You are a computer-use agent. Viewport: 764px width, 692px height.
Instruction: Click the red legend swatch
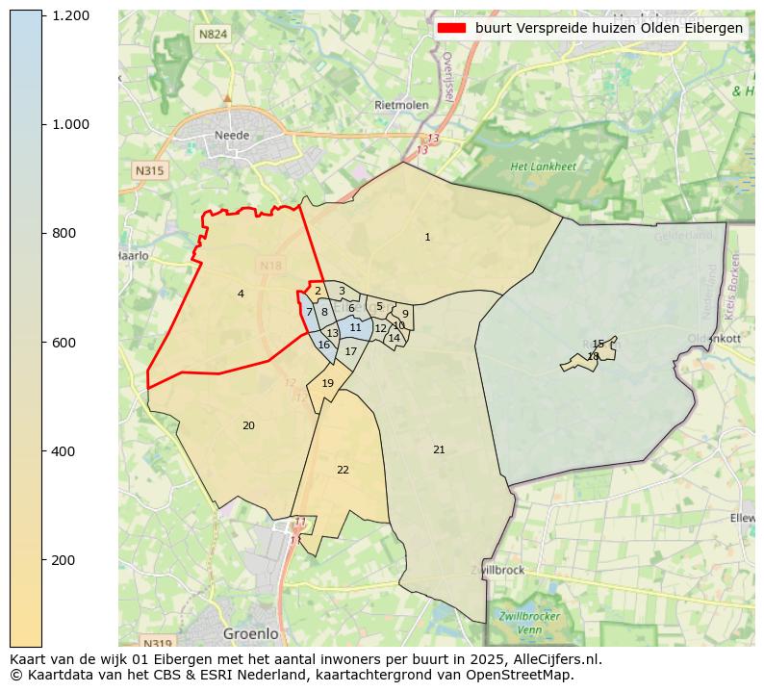451,29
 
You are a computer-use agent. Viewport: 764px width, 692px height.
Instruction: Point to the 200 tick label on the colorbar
70,560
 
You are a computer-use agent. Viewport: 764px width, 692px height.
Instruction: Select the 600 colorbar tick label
70,343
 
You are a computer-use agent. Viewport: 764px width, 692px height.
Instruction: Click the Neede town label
232,136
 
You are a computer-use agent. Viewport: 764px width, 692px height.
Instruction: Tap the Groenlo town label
250,634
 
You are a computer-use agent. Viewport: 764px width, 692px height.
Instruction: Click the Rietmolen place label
400,105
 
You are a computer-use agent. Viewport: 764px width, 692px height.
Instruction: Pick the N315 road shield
150,170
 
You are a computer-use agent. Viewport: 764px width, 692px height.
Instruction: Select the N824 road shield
213,35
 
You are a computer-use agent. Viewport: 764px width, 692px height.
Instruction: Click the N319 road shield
156,643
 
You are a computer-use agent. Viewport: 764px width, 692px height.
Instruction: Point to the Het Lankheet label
543,167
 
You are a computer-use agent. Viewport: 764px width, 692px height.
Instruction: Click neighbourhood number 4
241,294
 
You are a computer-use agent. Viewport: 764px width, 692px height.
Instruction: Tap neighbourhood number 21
439,449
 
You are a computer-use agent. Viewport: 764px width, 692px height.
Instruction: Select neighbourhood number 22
343,470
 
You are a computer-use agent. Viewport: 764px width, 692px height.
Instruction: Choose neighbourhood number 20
248,425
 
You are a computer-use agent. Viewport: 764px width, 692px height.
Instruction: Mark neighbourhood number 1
427,237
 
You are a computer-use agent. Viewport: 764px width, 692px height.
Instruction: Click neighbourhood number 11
355,327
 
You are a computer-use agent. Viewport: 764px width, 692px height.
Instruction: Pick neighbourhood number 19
327,383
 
